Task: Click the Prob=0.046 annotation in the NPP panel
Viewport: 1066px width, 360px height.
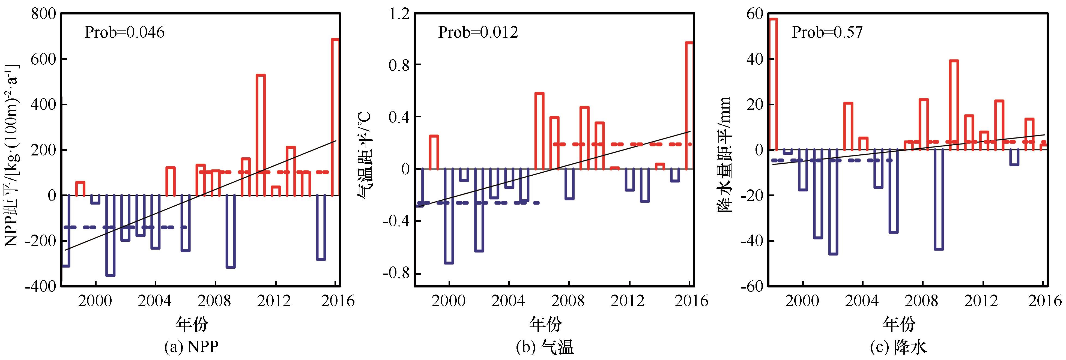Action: pos(125,32)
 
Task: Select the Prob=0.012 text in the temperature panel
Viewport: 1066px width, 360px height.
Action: pos(478,32)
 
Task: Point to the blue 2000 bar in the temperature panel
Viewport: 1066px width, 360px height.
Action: pos(449,215)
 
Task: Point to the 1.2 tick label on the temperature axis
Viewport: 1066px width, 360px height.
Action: pos(399,14)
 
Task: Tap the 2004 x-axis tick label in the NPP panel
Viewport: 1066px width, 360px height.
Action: pos(156,301)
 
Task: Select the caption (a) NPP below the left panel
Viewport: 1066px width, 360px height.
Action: pos(191,346)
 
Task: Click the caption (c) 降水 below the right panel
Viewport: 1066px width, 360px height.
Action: pos(899,346)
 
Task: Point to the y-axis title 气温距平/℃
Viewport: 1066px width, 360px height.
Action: pos(365,157)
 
